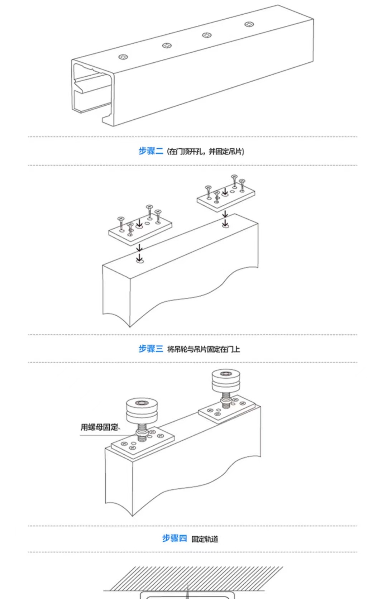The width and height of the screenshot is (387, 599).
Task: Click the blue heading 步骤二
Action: pos(150,151)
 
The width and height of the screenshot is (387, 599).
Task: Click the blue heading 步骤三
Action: pos(150,349)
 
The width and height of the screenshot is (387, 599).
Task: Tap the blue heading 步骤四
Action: pos(174,538)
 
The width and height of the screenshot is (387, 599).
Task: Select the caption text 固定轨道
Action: pos(205,539)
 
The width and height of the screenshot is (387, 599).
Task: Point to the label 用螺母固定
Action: pos(99,427)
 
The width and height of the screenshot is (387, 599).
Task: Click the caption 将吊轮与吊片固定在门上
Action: pos(204,349)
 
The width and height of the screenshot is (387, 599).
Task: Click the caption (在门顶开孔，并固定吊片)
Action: pos(206,152)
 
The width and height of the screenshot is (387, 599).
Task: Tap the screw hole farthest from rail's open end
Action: pos(249,24)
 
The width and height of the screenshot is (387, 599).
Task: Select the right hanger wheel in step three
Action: pos(225,381)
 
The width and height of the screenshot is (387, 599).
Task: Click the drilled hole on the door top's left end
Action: pos(140,261)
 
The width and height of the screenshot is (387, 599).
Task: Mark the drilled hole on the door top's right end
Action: pos(225,226)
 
